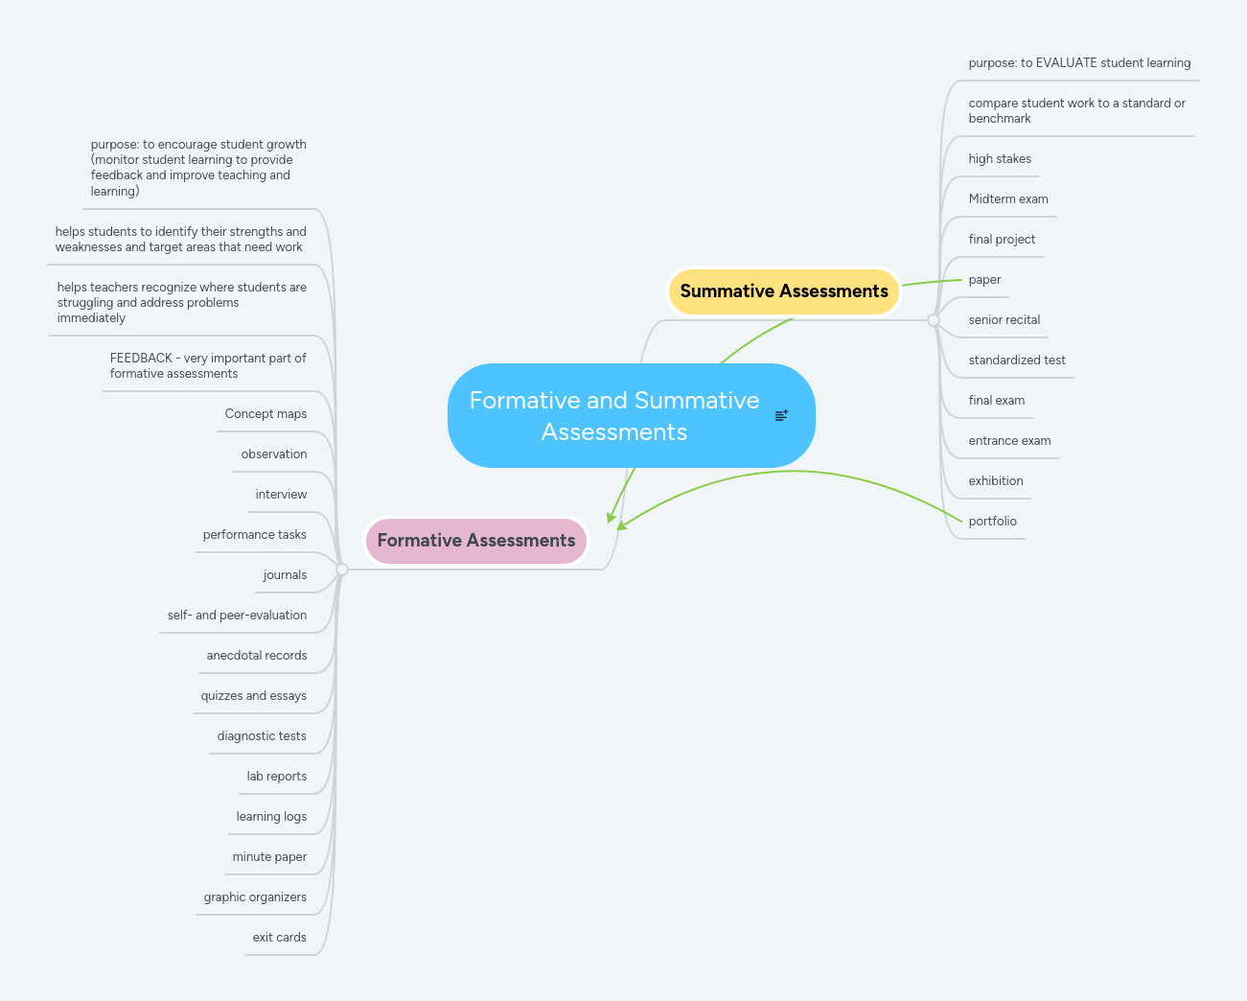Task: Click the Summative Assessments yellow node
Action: click(x=783, y=291)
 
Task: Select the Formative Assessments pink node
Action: click(x=475, y=541)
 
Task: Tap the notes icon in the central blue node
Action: click(x=781, y=415)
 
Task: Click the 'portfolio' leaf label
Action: click(x=992, y=522)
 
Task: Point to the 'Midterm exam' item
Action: click(x=1007, y=199)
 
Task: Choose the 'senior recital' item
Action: click(x=1004, y=320)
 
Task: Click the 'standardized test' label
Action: click(x=1016, y=361)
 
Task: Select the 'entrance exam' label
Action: click(x=1009, y=441)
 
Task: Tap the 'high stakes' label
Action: click(x=1000, y=159)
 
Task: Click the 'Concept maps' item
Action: click(x=266, y=414)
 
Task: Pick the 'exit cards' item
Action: click(x=279, y=938)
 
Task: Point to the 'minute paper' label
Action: click(x=269, y=857)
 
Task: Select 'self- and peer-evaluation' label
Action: click(x=237, y=616)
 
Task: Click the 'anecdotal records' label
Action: click(x=257, y=656)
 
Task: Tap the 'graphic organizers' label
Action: click(x=255, y=897)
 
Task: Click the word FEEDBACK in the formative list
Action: click(x=141, y=359)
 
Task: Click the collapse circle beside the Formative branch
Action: click(x=342, y=570)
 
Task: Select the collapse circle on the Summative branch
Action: click(x=934, y=320)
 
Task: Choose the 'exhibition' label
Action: click(x=995, y=481)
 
